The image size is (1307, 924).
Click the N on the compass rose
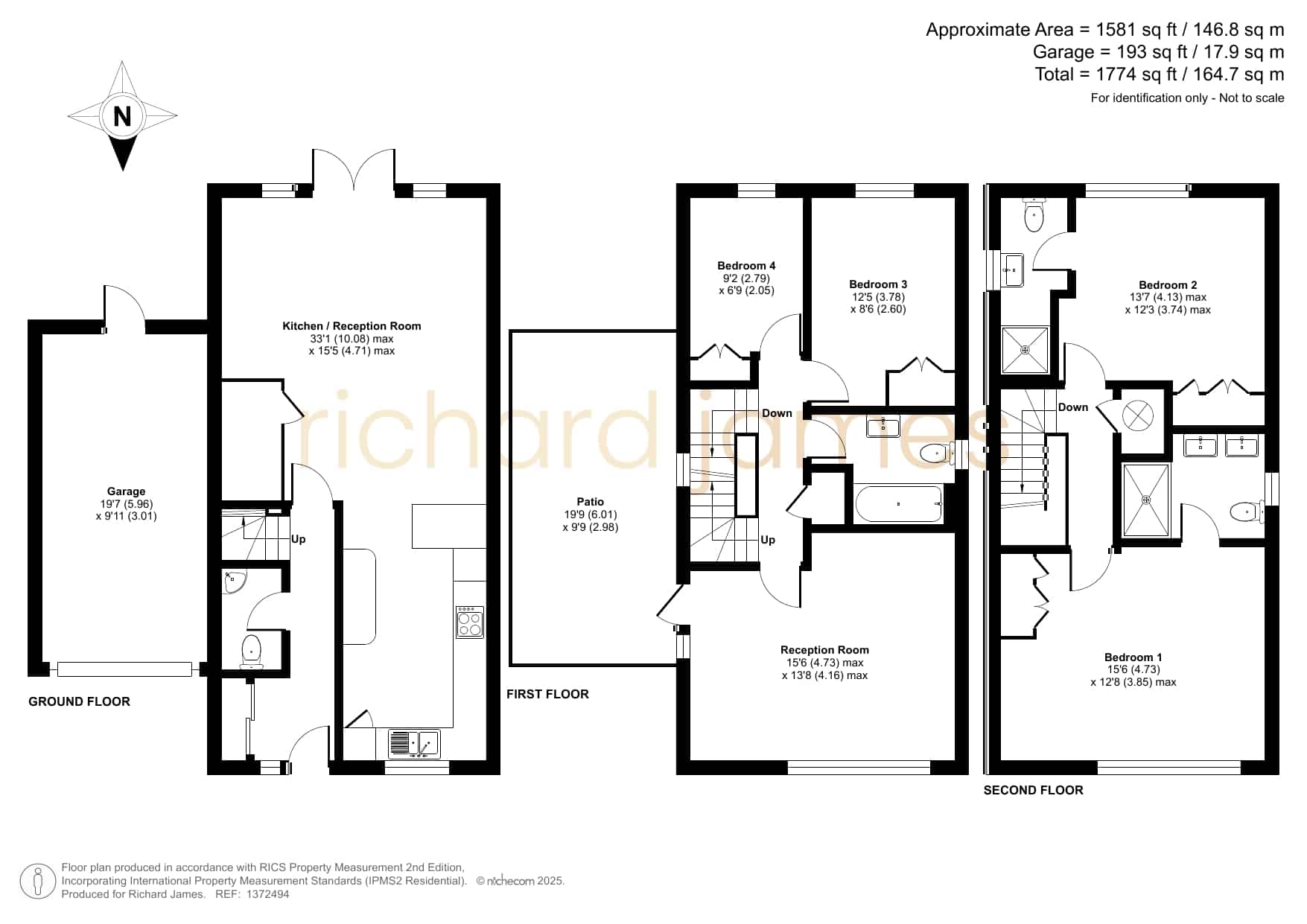pos(122,116)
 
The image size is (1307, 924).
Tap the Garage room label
pos(127,491)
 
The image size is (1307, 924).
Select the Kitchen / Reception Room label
pos(352,326)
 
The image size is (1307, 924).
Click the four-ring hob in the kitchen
pos(470,622)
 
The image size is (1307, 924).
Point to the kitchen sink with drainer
pos(414,743)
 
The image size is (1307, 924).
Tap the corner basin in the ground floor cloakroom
pos(234,582)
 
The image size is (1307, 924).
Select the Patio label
pos(591,502)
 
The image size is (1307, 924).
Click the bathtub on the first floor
pos(899,504)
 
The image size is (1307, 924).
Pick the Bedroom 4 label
pos(746,266)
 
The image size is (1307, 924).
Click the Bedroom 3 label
pos(878,284)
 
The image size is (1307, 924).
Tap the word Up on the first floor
pos(768,540)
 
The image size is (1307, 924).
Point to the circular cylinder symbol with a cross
pos(1138,415)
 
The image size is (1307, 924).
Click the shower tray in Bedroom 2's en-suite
pos(1025,350)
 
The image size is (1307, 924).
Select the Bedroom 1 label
pos(1133,657)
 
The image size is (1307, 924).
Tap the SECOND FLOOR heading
pos(1034,790)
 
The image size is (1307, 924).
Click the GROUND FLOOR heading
pos(79,701)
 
